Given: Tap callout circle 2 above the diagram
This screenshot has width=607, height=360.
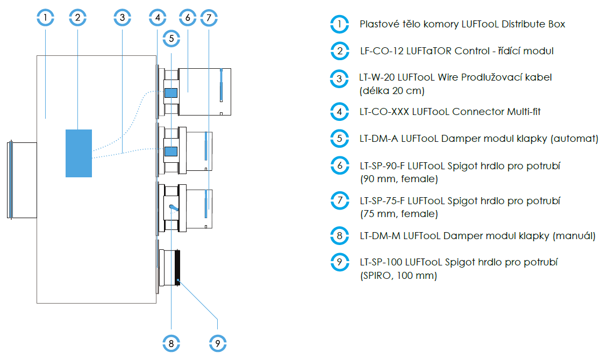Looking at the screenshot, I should point(78,18).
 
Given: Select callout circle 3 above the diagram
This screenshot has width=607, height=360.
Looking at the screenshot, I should point(123,18).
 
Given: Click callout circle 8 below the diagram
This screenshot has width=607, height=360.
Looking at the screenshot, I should point(171,343).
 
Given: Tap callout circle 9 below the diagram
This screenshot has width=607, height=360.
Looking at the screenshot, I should point(217,343).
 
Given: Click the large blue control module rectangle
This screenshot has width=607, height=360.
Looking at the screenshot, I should point(78,153).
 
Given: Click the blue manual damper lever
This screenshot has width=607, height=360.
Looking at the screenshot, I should point(174,208).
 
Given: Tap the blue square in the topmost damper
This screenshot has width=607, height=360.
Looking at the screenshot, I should point(170,92).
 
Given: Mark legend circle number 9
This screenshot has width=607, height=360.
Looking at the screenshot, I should point(339,262).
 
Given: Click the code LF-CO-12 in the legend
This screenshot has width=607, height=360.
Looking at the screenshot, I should point(379,51).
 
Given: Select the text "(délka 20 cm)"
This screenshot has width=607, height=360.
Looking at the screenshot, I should point(392,90).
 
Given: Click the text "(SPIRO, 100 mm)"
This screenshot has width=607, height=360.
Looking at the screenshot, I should point(398,276).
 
